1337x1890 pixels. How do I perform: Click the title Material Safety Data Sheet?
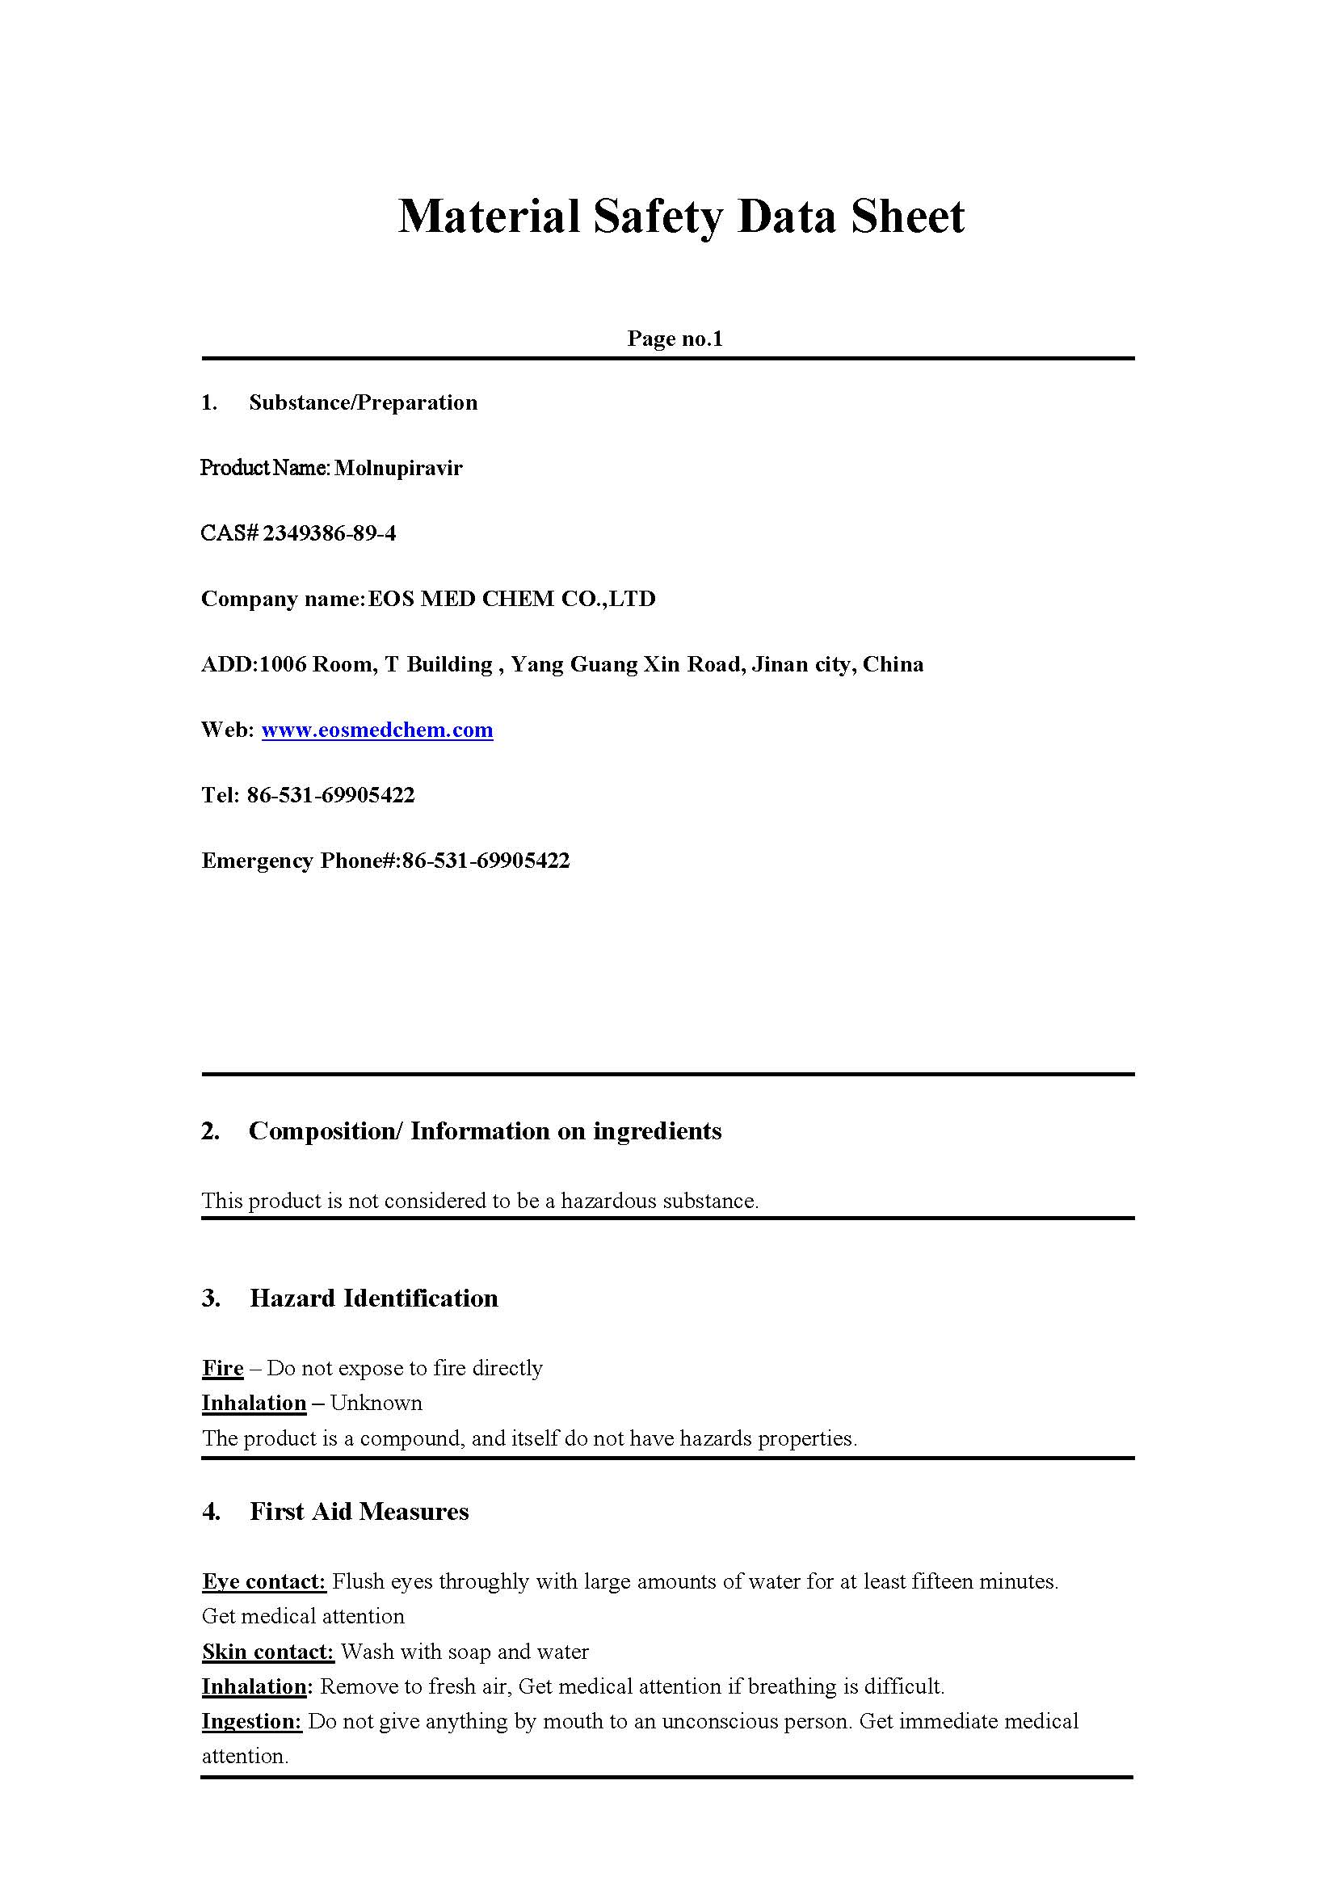click(x=681, y=217)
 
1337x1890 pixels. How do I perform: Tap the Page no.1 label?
click(x=675, y=339)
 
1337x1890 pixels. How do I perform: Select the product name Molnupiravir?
click(x=398, y=469)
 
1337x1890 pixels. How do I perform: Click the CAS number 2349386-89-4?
click(x=330, y=533)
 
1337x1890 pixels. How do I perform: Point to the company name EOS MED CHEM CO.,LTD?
click(x=511, y=599)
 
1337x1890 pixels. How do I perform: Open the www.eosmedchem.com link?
click(x=377, y=730)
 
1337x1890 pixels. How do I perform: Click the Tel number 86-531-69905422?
click(x=330, y=796)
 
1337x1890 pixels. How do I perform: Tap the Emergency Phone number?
click(x=486, y=861)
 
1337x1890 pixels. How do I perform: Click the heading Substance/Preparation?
click(x=363, y=402)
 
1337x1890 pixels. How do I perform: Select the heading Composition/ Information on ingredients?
click(x=485, y=1130)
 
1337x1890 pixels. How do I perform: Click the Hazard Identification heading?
click(x=374, y=1298)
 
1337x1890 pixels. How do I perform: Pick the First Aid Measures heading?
click(x=359, y=1511)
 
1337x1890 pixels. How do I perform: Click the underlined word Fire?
click(x=222, y=1368)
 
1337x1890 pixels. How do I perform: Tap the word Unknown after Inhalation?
click(x=376, y=1403)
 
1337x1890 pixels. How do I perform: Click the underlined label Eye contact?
click(x=264, y=1581)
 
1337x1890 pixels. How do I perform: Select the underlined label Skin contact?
click(x=267, y=1651)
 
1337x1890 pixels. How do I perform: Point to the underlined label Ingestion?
click(x=252, y=1721)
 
